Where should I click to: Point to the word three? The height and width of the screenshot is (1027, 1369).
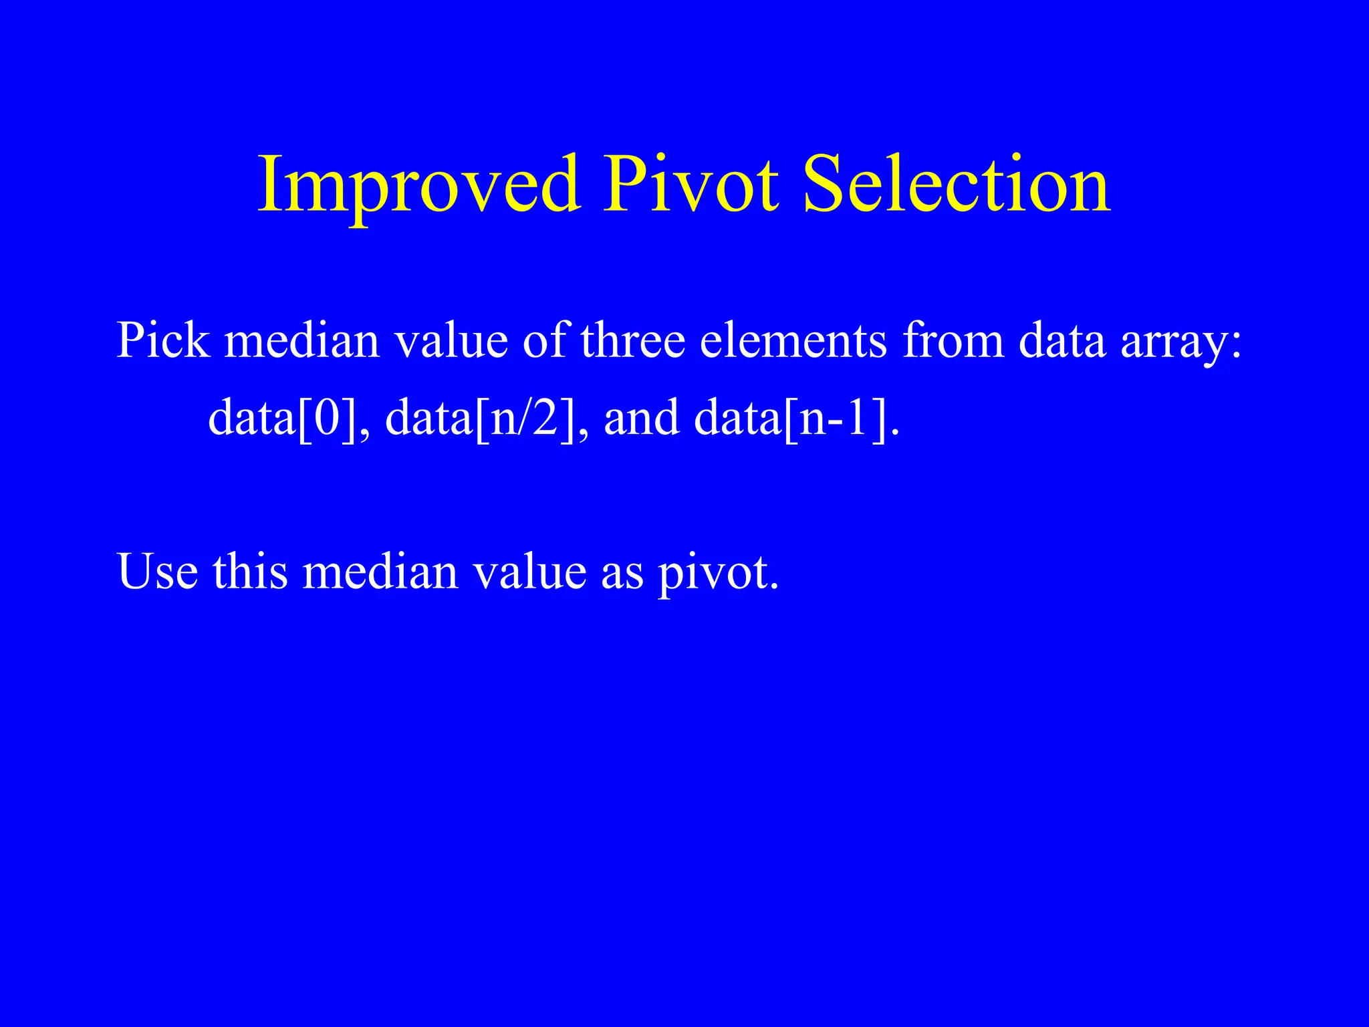pos(632,340)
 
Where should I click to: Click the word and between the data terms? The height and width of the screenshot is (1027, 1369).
pos(641,418)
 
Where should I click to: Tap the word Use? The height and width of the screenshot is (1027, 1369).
pos(158,572)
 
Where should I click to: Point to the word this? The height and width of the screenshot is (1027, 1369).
pos(250,572)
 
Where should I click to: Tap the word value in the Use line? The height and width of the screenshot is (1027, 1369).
pos(530,572)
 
